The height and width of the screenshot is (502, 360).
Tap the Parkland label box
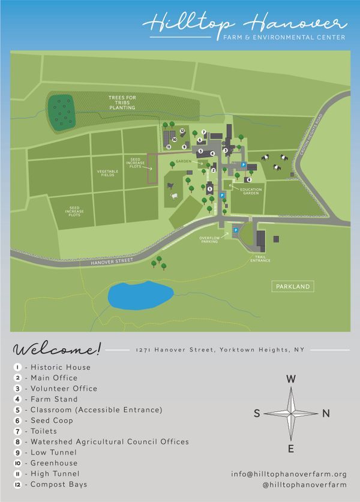pyautogui.click(x=293, y=287)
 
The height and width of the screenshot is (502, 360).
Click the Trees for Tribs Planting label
pyautogui.click(x=122, y=103)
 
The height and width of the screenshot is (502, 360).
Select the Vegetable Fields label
pyautogui.click(x=108, y=173)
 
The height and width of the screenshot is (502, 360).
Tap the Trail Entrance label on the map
pyautogui.click(x=260, y=258)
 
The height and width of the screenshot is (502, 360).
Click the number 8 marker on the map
pyautogui.click(x=248, y=179)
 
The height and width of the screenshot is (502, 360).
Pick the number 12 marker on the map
pyautogui.click(x=182, y=131)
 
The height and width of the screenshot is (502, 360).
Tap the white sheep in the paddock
pyautogui.click(x=174, y=196)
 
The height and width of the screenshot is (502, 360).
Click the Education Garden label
pyautogui.click(x=251, y=191)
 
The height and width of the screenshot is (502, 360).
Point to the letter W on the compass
pyautogui.click(x=290, y=379)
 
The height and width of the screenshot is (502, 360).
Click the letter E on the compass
pyautogui.click(x=291, y=449)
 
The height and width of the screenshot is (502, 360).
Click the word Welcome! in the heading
pyautogui.click(x=58, y=349)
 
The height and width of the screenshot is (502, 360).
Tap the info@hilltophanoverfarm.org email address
pyautogui.click(x=289, y=474)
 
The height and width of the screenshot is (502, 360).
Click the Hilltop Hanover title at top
pyautogui.click(x=246, y=24)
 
